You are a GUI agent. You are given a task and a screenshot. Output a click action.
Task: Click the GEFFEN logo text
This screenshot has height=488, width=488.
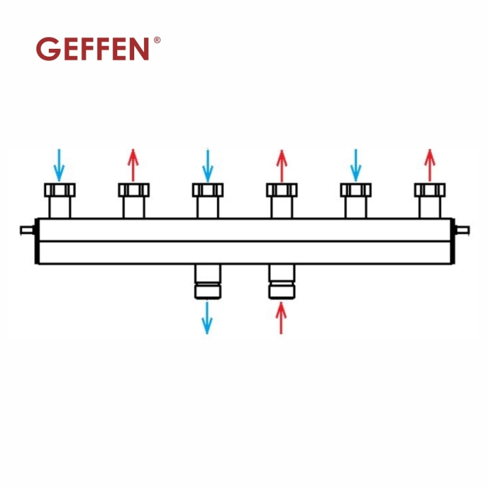pos(93,49)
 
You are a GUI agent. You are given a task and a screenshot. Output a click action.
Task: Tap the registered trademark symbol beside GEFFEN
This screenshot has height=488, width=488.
pos(157,40)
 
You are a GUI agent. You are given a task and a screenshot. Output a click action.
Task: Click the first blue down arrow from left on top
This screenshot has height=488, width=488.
pos(59,165)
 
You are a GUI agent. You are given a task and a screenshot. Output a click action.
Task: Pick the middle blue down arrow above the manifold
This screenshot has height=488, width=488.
pos(207,165)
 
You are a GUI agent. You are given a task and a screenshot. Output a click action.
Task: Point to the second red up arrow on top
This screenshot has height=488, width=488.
pos(281,165)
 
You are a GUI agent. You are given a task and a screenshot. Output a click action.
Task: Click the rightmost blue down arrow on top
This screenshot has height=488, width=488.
pos(355,165)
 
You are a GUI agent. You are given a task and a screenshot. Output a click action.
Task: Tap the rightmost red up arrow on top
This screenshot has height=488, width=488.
pos(429,165)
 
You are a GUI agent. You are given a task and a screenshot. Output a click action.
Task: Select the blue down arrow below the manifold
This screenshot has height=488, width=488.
pos(207,317)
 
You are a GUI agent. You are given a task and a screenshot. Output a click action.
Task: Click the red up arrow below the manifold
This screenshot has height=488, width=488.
pos(281,317)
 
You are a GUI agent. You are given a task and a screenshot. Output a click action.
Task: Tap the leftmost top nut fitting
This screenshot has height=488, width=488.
pos(59,190)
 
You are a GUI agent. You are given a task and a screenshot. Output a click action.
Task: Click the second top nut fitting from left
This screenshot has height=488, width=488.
pos(134,190)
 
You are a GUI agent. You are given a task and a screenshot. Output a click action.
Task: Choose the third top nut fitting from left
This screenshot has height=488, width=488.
pos(207,190)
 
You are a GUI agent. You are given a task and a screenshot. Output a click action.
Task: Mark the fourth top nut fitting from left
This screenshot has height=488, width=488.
pos(281,190)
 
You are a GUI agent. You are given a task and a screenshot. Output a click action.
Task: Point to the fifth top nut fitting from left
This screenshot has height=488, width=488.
pos(355,190)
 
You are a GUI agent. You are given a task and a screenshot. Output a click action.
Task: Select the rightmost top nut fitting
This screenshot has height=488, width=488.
pos(429,190)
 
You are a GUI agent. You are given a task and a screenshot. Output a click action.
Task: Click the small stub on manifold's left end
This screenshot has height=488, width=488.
pos(27,230)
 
